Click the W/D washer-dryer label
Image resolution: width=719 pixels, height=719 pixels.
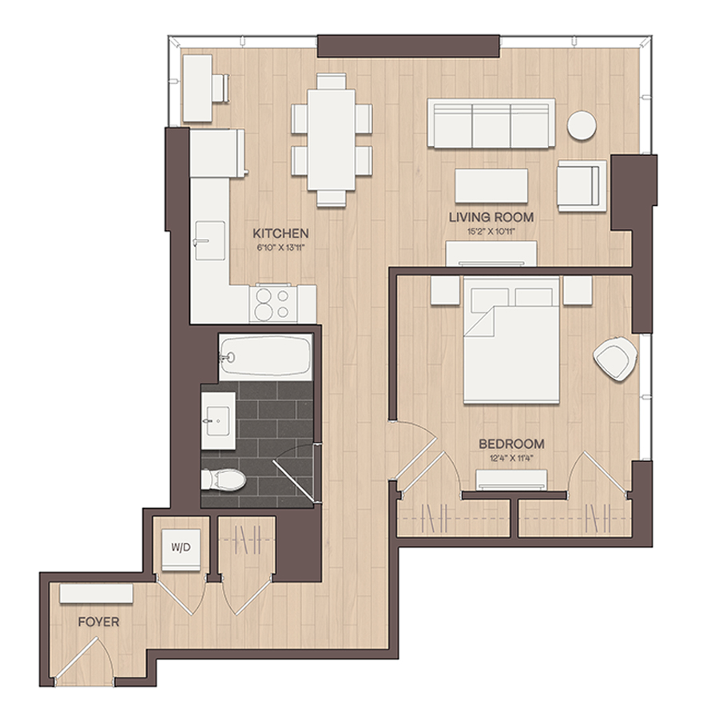point(181,547)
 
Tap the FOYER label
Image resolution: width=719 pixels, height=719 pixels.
point(98,622)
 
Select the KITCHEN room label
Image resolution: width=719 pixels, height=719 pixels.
point(280,233)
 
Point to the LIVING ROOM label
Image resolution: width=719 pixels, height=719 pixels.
point(491,216)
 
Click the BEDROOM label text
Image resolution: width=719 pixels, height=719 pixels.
point(512,444)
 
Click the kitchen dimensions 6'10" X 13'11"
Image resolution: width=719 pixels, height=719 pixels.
point(280,248)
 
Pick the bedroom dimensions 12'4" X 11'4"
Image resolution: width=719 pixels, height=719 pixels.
point(512,458)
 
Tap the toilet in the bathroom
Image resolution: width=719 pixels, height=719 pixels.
point(224,479)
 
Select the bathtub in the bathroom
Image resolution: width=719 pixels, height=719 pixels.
point(265,357)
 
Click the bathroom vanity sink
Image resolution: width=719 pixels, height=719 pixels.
point(218,420)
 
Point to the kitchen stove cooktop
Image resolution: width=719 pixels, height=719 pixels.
point(273,304)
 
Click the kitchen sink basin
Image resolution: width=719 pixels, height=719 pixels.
point(210,240)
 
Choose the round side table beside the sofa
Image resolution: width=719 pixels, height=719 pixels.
point(582,125)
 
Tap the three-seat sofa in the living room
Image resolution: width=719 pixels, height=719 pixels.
point(491,123)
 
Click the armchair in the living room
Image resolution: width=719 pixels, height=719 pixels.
point(582,185)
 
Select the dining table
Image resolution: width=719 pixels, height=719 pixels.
point(331,140)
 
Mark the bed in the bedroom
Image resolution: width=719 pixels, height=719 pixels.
point(511,340)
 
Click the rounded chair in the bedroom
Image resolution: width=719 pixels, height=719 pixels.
point(615,359)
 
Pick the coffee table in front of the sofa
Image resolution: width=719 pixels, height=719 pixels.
point(491,185)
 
